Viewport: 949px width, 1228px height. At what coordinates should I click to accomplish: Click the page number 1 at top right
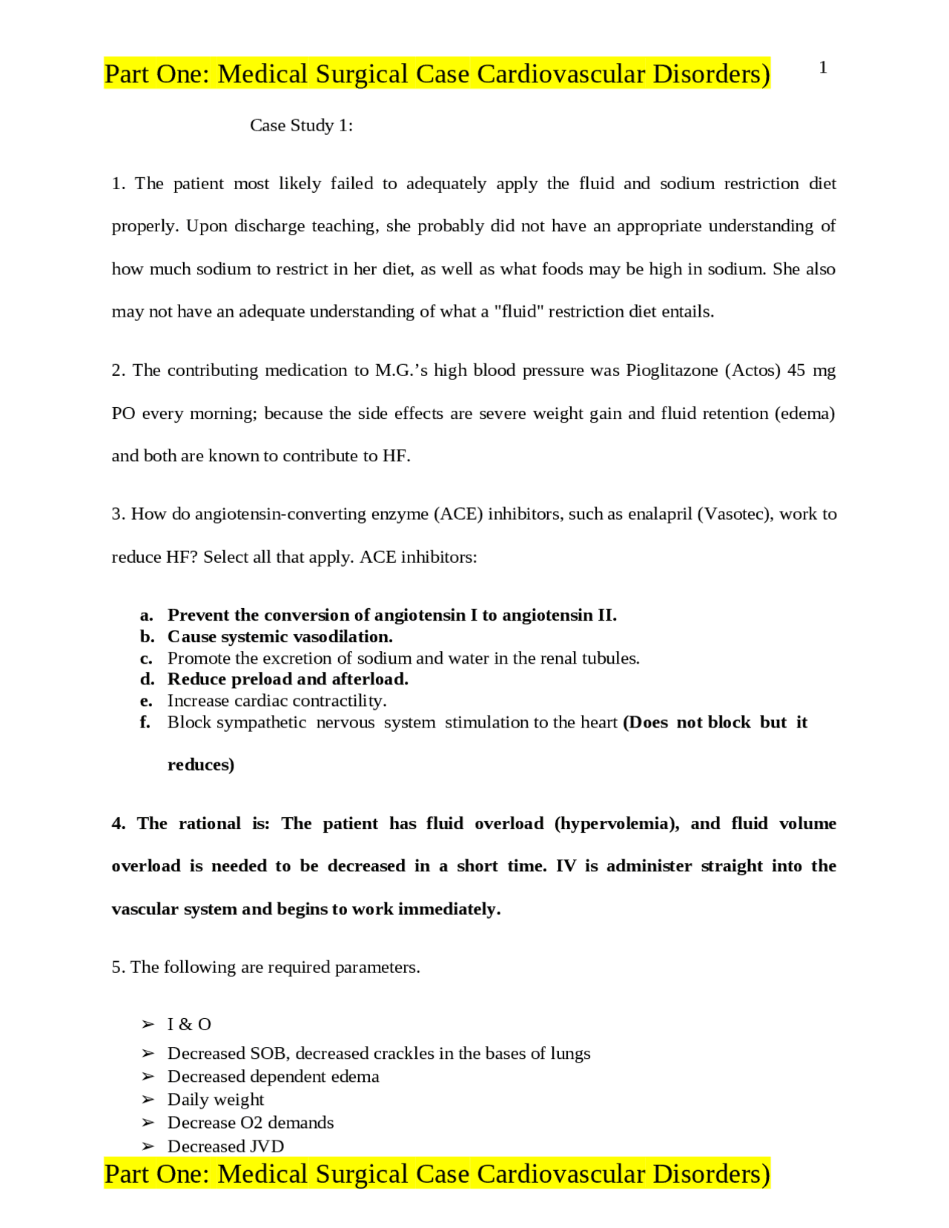point(823,67)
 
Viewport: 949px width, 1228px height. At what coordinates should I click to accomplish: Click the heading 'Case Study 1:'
point(301,125)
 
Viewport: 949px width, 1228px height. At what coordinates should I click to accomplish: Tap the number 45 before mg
point(796,370)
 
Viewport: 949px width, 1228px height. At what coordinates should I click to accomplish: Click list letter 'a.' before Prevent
point(147,615)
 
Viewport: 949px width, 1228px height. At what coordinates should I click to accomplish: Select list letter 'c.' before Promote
point(147,658)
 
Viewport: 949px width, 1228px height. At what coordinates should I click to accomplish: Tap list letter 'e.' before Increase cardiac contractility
point(147,702)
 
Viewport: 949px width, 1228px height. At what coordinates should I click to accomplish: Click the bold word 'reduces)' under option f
point(201,765)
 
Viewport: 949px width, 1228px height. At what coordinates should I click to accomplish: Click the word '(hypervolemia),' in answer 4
point(617,824)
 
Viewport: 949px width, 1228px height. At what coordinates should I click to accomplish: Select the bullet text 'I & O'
point(189,1025)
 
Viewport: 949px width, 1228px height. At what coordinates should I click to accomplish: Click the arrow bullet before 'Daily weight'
point(148,1100)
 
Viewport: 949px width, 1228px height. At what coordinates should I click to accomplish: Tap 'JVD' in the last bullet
point(267,1146)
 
